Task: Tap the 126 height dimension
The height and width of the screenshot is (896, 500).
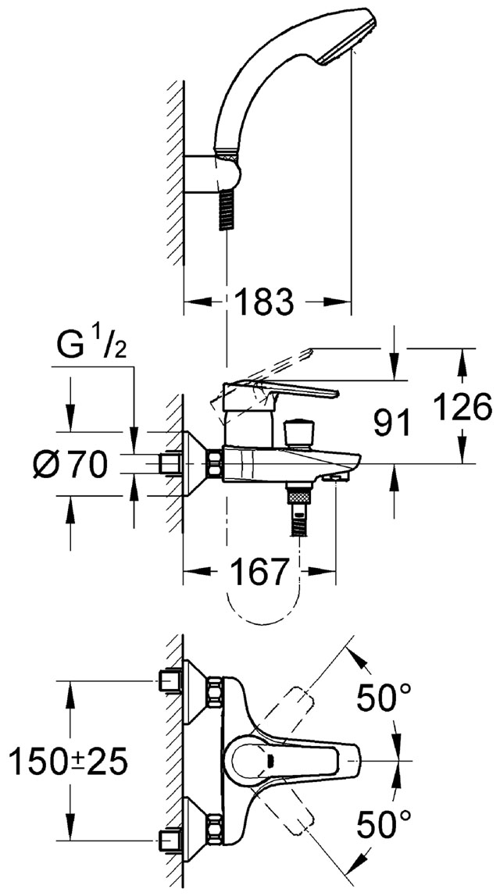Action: click(x=462, y=407)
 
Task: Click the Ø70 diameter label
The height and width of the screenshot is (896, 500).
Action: click(x=70, y=463)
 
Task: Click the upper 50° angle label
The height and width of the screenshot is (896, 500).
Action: click(x=384, y=698)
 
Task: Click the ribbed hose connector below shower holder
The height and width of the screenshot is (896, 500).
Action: click(x=227, y=209)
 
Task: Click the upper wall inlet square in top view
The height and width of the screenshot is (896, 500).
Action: click(x=170, y=680)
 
